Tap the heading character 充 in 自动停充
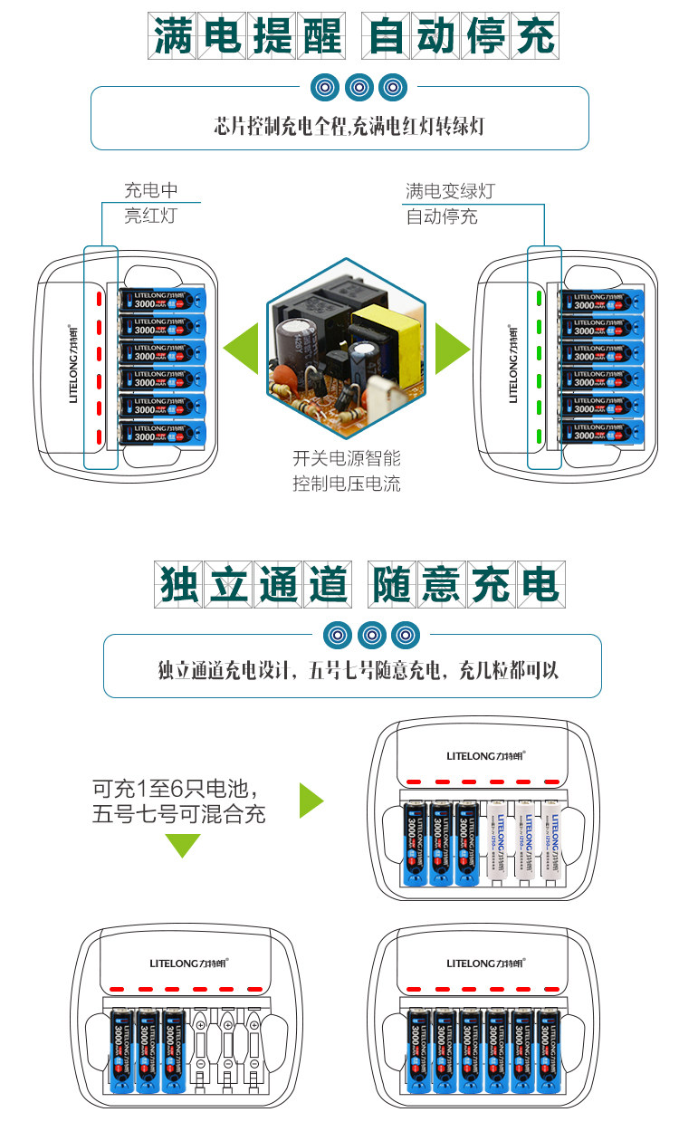[531, 37]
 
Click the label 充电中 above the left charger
[151, 191]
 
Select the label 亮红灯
[151, 216]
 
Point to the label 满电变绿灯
[450, 191]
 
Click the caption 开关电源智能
[346, 458]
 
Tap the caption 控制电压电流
[346, 484]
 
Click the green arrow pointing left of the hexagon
[242, 348]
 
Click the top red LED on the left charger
[94, 298]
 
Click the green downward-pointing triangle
[182, 844]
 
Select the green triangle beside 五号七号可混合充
[311, 801]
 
